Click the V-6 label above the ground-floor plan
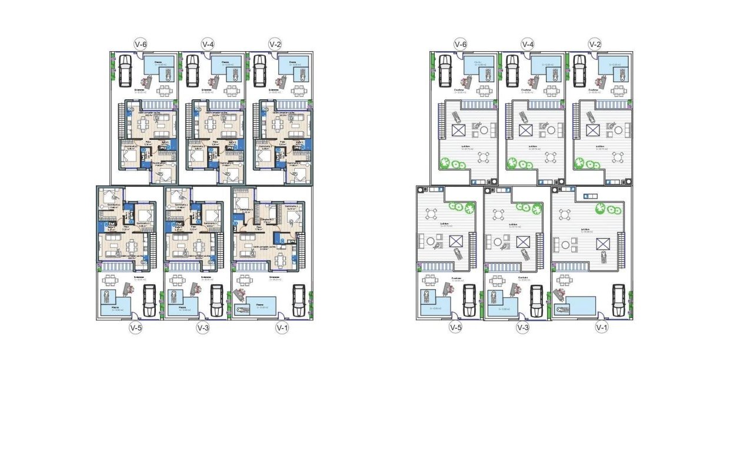tap(141, 43)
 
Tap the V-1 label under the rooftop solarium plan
tap(601, 328)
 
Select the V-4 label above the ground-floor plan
tap(208, 43)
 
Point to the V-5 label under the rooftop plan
tap(455, 328)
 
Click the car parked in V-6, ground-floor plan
tap(125, 70)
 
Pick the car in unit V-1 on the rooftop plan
tap(618, 300)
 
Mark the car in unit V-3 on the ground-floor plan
tap(217, 300)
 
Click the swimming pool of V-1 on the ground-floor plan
tap(257, 307)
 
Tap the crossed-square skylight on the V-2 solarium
tap(592, 130)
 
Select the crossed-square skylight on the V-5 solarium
tap(455, 240)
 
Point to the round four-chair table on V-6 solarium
tap(484, 157)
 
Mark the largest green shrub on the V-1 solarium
tap(601, 208)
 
